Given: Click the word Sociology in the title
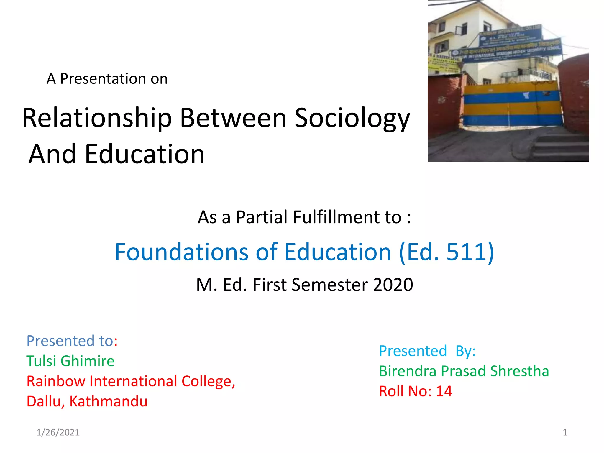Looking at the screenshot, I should pos(352,118).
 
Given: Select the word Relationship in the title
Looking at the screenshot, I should pos(97,118).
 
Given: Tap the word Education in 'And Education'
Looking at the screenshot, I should pos(145,154).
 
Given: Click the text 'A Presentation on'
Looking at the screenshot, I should pos(107,79).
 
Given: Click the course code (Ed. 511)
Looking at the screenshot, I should pos(446,252).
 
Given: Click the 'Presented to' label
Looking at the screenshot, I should pos(70,341).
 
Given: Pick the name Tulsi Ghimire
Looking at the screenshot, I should pos(70,361).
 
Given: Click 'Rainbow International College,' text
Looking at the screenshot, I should pos(131,381).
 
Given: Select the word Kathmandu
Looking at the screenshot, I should pos(108,401).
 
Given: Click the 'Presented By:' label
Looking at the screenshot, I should pos(427,351).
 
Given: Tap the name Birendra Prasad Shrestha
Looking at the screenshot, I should pos(464,371).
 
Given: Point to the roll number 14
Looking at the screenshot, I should pos(444,391).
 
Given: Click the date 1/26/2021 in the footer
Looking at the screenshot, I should pos(58,432).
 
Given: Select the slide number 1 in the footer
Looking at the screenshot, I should pos(565,432).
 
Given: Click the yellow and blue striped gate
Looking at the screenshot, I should pos(512,105).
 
